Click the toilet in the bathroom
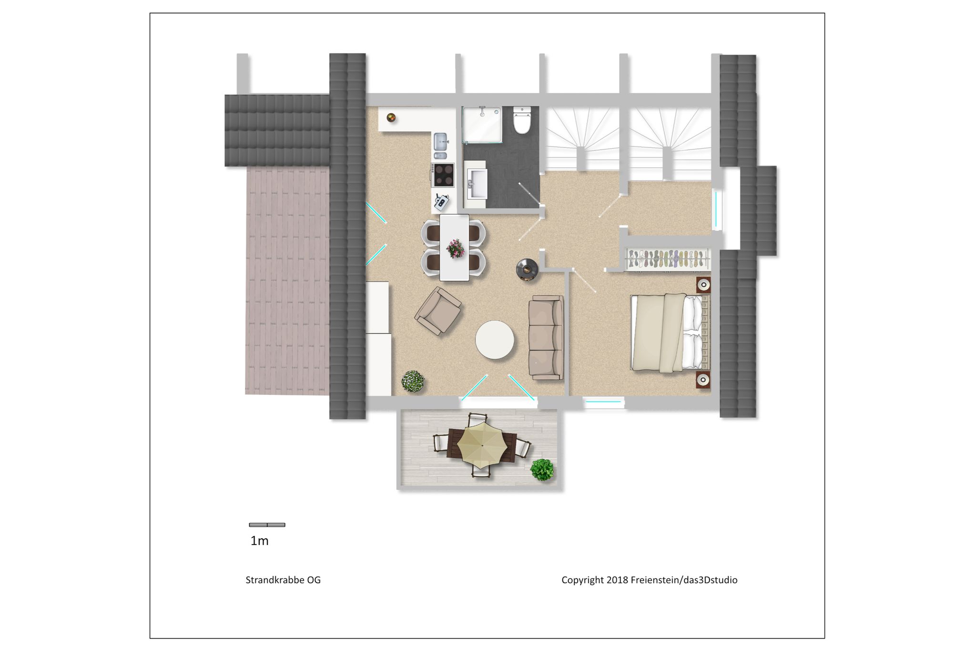pyautogui.click(x=522, y=120)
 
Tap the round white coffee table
pyautogui.click(x=495, y=340)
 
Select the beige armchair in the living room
pyautogui.click(x=438, y=311)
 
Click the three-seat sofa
pyautogui.click(x=546, y=338)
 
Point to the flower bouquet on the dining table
pyautogui.click(x=455, y=248)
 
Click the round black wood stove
pyautogui.click(x=528, y=269)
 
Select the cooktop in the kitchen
pyautogui.click(x=443, y=175)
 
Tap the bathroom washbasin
pyautogui.click(x=477, y=184)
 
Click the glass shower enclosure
pyautogui.click(x=482, y=124)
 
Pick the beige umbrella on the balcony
pyautogui.click(x=482, y=445)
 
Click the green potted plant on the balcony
pyautogui.click(x=542, y=470)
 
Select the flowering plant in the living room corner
pyautogui.click(x=413, y=382)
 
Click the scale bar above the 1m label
pyautogui.click(x=267, y=525)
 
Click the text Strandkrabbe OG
pyautogui.click(x=283, y=580)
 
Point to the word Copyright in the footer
pyautogui.click(x=582, y=580)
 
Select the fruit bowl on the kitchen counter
pyautogui.click(x=391, y=117)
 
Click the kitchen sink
pyautogui.click(x=440, y=146)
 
